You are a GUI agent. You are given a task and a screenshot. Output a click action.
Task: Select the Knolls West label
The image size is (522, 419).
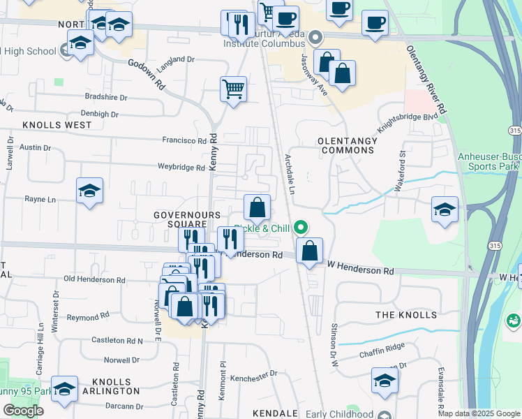(x=57, y=125)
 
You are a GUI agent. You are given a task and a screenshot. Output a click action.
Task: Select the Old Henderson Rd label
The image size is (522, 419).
(x=94, y=279)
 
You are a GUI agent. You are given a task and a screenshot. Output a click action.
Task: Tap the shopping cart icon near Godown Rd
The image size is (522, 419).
(x=234, y=89)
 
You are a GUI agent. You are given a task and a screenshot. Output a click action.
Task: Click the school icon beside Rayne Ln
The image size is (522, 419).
(x=90, y=191)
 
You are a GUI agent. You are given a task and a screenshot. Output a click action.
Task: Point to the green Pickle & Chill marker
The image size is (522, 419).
(x=301, y=227)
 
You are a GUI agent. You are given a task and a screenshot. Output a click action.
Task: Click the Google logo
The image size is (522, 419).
(x=23, y=410)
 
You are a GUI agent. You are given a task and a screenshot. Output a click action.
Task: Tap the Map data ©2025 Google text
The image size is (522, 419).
(x=479, y=413)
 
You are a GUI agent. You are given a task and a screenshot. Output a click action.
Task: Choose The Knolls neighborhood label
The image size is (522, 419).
(x=406, y=315)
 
